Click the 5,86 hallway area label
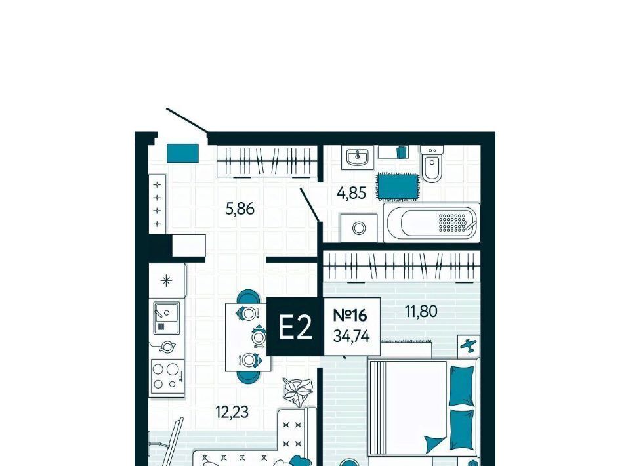click(240, 209)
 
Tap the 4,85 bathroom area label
click(352, 193)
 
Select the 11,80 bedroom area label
click(421, 311)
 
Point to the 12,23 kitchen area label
click(232, 412)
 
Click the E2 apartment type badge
click(295, 327)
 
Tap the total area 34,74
click(352, 336)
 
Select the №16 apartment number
click(350, 315)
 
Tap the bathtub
click(432, 222)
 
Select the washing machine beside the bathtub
click(359, 228)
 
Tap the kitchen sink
click(167, 318)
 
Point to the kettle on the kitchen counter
click(167, 346)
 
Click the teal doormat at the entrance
click(183, 153)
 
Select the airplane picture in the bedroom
click(469, 345)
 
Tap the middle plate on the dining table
click(259, 336)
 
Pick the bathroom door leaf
click(310, 205)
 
